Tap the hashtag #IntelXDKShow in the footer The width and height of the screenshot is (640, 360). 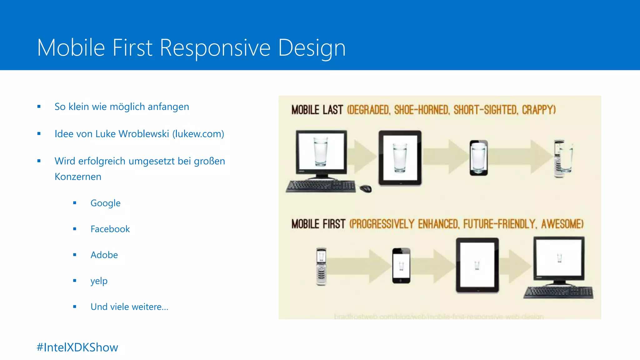click(77, 347)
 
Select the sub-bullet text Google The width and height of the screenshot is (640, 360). click(105, 203)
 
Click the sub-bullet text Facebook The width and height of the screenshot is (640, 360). click(110, 229)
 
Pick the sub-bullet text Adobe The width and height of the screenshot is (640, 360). click(104, 255)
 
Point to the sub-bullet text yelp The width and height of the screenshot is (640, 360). click(99, 281)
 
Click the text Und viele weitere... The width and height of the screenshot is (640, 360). click(129, 307)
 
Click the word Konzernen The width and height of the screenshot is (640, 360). click(78, 177)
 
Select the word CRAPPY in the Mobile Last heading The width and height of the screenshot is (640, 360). click(538, 110)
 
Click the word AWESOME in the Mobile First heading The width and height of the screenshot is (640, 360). click(562, 224)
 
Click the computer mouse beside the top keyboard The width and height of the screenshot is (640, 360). click(365, 188)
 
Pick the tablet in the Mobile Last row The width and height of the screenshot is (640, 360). click(400, 158)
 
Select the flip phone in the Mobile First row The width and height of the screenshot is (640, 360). click(321, 266)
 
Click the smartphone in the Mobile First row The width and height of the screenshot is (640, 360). click(401, 266)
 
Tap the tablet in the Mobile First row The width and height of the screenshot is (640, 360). click(477, 265)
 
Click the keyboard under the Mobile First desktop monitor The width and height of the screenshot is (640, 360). click(558, 292)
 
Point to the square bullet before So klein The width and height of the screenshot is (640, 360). click(39, 107)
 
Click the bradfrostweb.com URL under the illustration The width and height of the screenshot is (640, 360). click(439, 317)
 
